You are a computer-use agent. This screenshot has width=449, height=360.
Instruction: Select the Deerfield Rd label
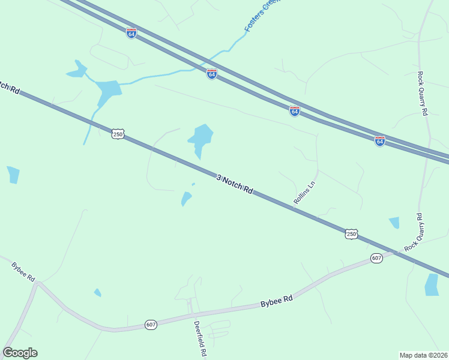coord(199,339)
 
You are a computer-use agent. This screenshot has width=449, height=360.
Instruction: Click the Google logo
coord(20,353)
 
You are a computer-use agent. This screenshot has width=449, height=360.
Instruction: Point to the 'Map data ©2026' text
coord(424,355)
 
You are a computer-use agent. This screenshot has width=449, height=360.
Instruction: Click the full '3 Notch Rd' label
coord(235,184)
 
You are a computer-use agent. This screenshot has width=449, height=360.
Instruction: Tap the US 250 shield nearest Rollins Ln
coord(352,234)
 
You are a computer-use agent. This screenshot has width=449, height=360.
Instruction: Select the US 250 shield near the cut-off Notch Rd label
coord(118,134)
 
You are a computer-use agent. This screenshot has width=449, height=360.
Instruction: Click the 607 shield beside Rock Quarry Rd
coord(376,258)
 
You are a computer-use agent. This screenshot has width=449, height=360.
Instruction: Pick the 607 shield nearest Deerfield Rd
coord(151,325)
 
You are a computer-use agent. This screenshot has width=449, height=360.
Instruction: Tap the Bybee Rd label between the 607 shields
coord(276,301)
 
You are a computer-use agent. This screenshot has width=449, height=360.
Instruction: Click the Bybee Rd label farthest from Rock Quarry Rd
coord(23,271)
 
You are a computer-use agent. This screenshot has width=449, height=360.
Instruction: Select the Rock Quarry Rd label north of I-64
coord(423,94)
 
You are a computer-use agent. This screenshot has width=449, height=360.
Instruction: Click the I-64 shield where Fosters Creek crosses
coord(211,74)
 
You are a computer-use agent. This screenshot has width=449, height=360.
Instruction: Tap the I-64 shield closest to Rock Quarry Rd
coord(379,141)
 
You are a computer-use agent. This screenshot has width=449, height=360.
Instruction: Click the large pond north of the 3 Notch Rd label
coord(201,137)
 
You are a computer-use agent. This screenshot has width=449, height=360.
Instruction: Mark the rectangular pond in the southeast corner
coord(432,284)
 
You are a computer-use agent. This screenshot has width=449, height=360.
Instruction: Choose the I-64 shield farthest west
coord(131,33)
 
